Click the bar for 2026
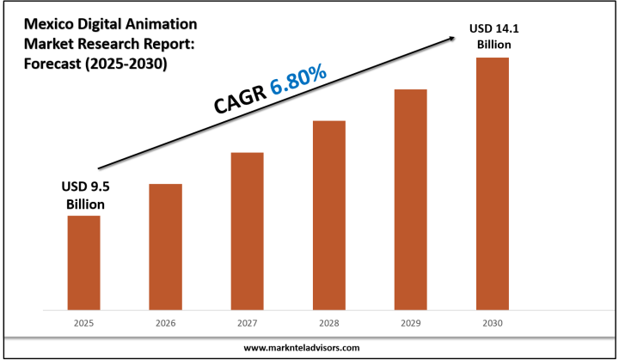click(165, 246)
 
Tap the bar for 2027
click(247, 230)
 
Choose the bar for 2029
click(410, 198)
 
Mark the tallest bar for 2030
click(492, 183)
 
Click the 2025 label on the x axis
click(83, 323)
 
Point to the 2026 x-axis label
click(165, 323)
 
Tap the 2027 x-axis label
click(247, 323)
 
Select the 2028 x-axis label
click(328, 323)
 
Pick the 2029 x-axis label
click(410, 323)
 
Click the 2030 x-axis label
click(492, 323)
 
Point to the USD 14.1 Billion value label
click(492, 37)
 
